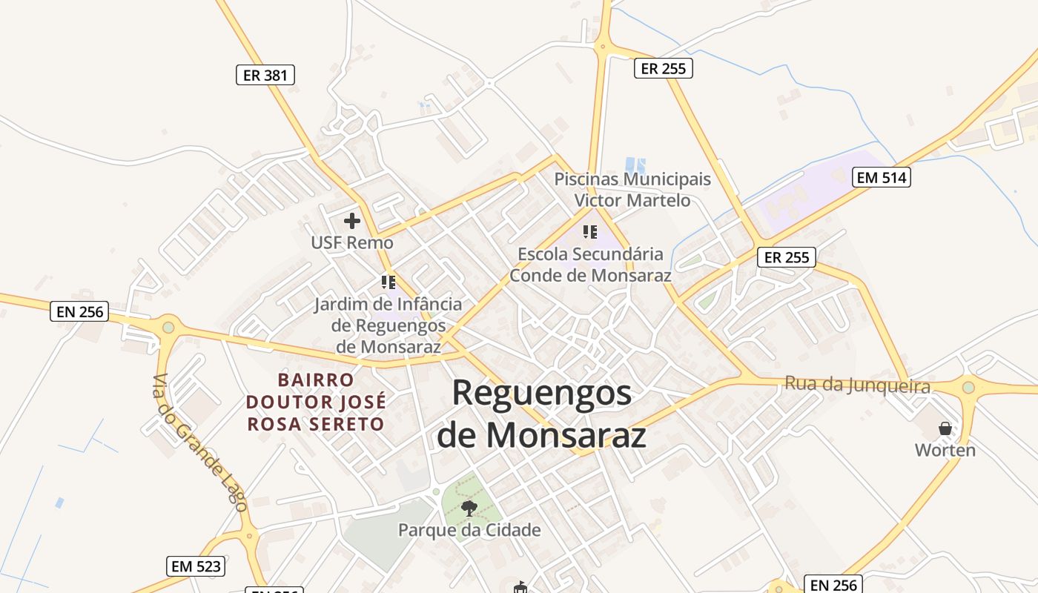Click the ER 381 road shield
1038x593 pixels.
[265, 75]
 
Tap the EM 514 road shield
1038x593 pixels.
[882, 178]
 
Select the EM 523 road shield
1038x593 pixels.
[195, 566]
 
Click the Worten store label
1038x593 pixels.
[945, 450]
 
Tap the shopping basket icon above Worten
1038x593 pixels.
[945, 428]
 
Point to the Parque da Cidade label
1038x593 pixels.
[469, 530]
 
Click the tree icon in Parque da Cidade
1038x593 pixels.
[469, 508]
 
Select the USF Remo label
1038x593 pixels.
[352, 243]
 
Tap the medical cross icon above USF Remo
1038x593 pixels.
[352, 221]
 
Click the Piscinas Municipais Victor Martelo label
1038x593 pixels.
[632, 190]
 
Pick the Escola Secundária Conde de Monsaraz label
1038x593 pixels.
[590, 265]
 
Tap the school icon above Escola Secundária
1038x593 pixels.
[590, 232]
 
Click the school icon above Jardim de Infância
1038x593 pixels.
[388, 282]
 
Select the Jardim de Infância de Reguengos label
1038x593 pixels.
[388, 325]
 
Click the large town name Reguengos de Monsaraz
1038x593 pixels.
[541, 414]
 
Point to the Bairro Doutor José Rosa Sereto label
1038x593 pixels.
[316, 402]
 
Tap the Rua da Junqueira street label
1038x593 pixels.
[857, 385]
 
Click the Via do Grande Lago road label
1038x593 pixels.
[199, 443]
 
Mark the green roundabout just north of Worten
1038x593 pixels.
[968, 387]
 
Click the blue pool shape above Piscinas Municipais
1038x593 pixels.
[635, 165]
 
